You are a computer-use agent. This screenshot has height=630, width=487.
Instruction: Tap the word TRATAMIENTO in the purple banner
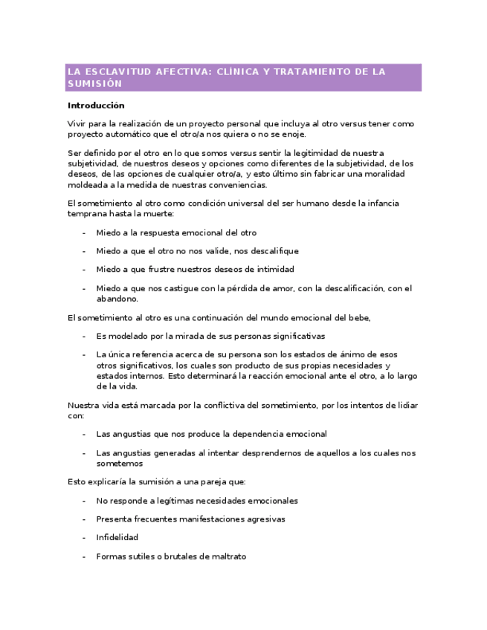(305, 72)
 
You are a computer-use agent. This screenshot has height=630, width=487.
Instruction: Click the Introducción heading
(96, 105)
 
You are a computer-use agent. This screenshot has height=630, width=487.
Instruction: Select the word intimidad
(272, 269)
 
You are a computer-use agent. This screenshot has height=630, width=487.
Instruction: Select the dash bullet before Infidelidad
(84, 537)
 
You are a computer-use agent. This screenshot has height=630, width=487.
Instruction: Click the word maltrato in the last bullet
(228, 556)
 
